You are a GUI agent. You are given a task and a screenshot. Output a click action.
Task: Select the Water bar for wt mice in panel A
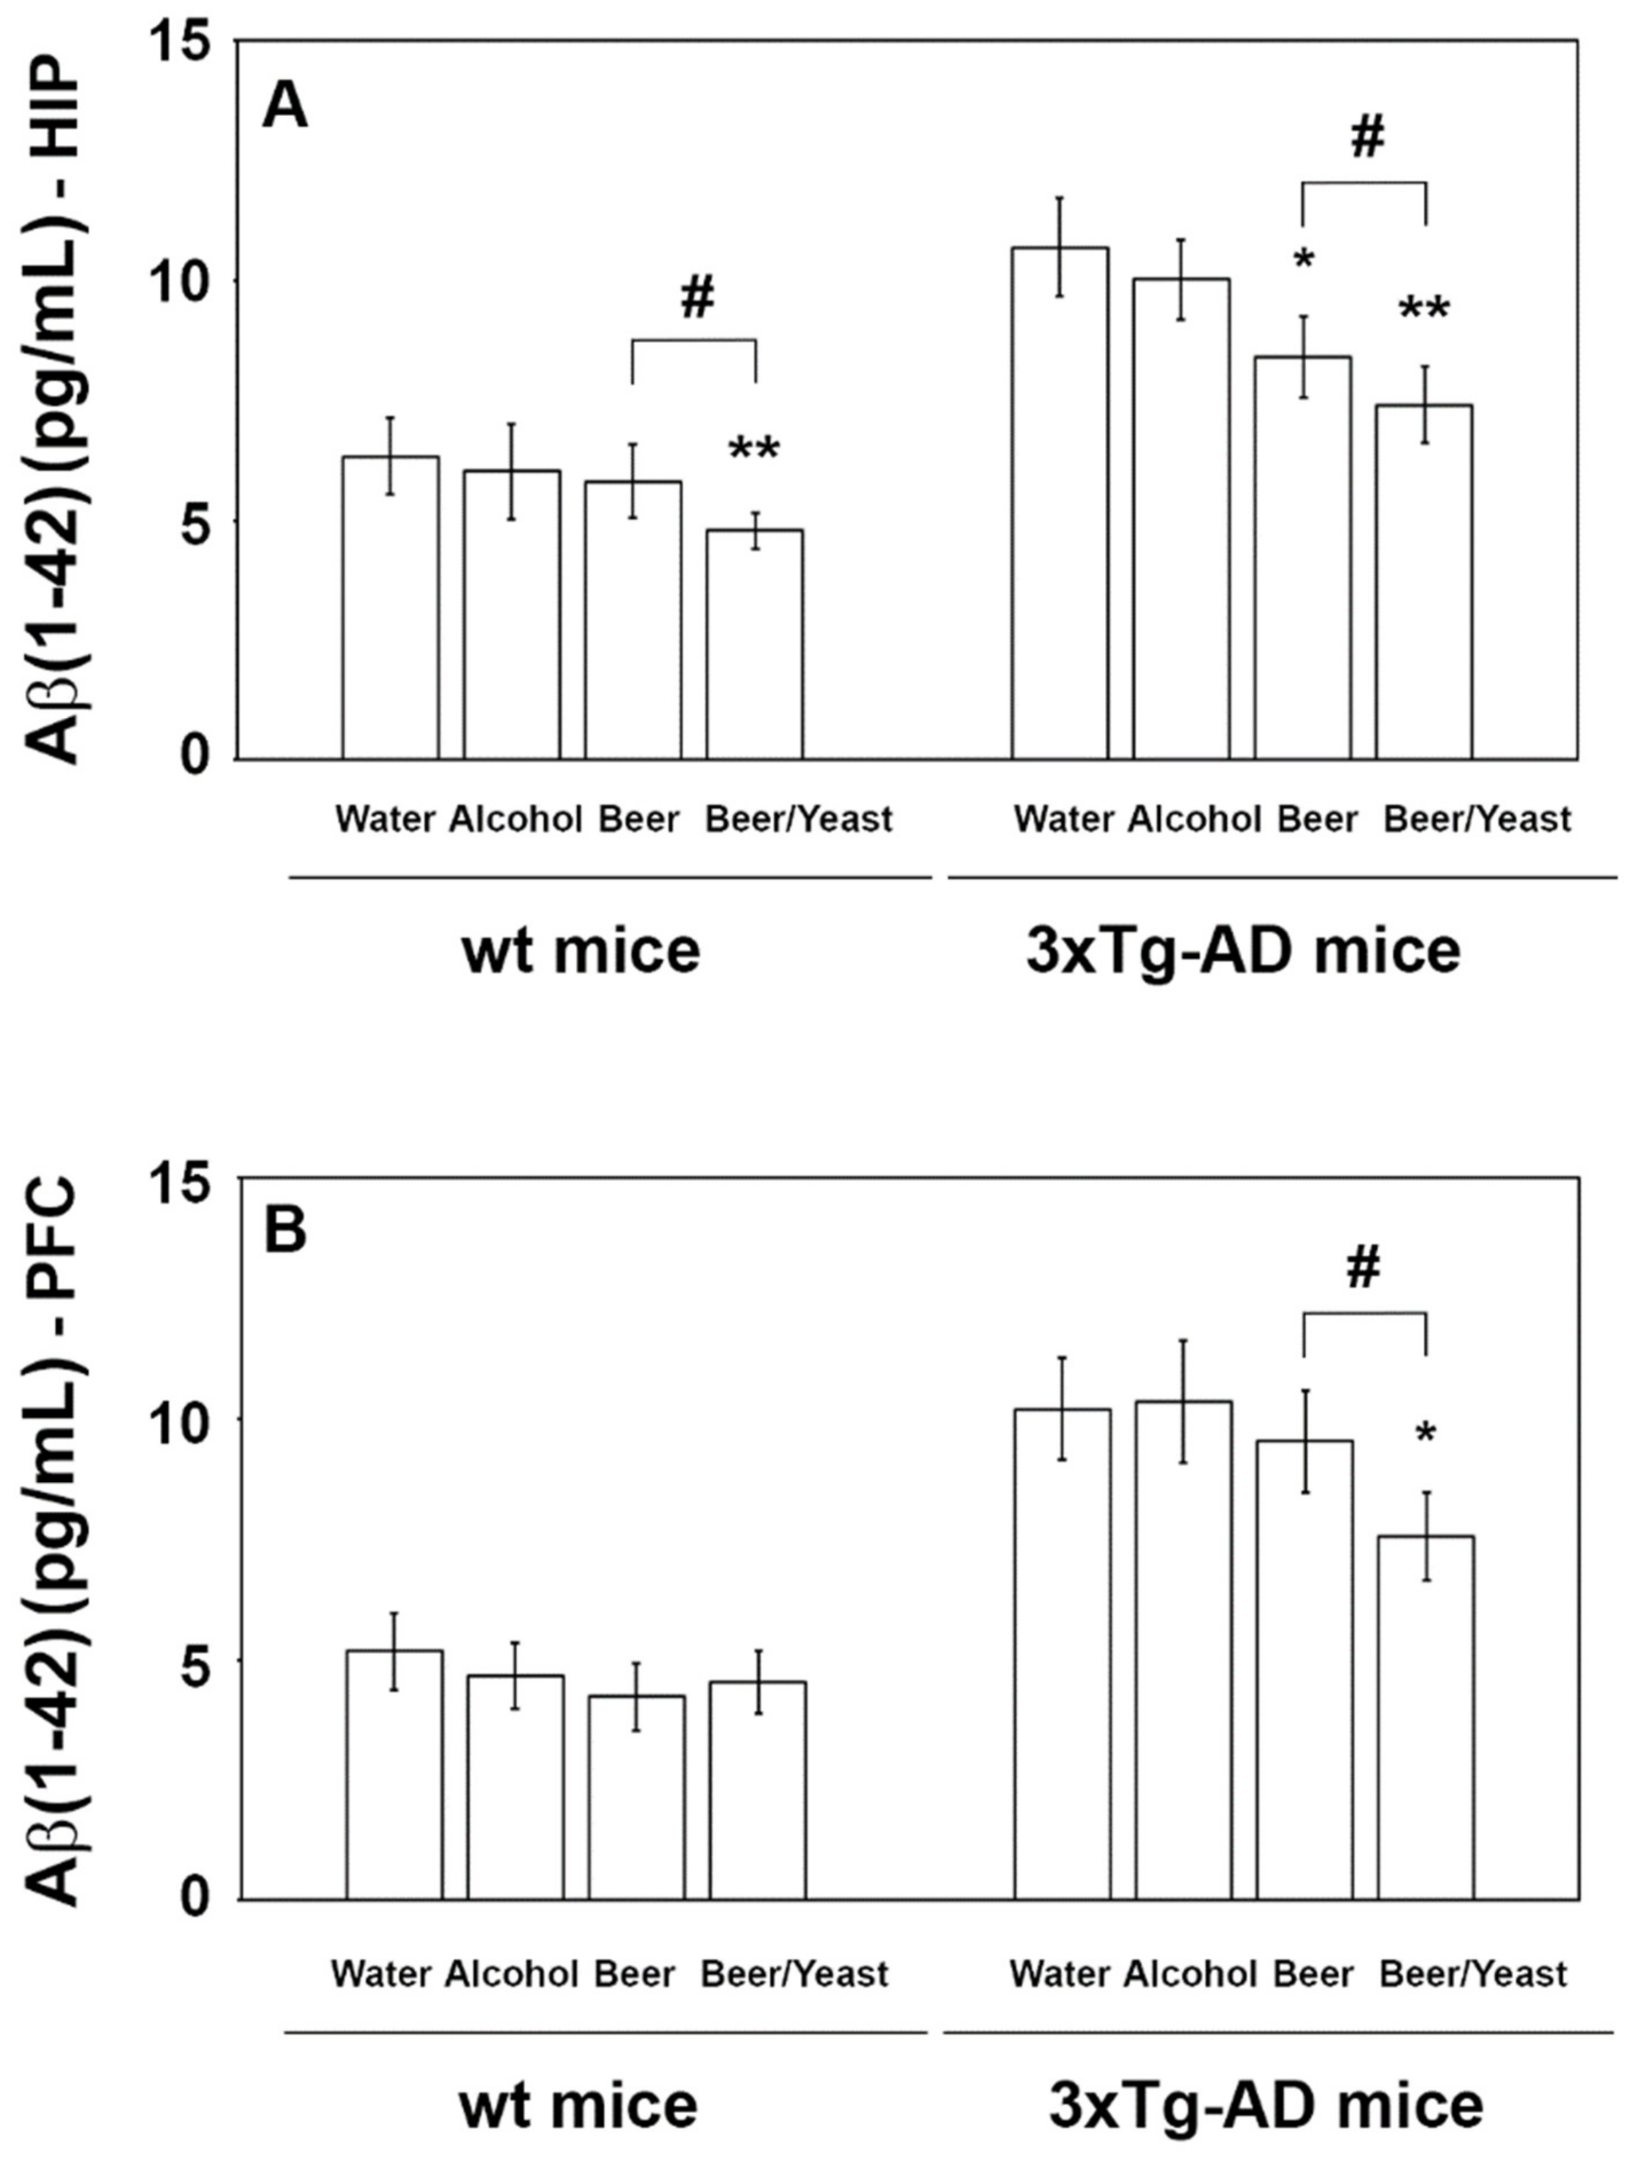click(390, 607)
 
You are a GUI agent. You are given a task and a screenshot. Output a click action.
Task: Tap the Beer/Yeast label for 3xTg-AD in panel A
click(1476, 819)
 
